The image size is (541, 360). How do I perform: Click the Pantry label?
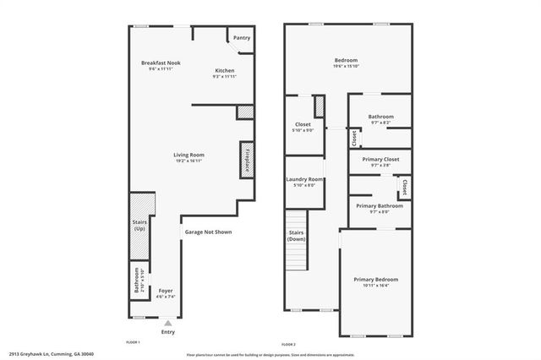[x=241, y=38]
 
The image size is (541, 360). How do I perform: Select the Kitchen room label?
[x=224, y=70]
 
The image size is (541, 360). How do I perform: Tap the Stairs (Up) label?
[x=140, y=226]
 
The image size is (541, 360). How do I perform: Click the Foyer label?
[x=166, y=291]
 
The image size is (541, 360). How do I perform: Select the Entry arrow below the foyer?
[x=168, y=322]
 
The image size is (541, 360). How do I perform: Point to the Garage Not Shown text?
[x=207, y=232]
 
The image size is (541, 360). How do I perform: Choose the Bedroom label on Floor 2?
[x=347, y=60]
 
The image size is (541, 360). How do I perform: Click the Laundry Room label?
[x=305, y=179]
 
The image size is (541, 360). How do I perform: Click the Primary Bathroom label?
[x=379, y=205]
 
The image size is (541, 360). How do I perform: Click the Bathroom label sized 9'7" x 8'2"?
[x=380, y=117]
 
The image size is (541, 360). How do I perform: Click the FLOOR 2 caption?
[x=288, y=344]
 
